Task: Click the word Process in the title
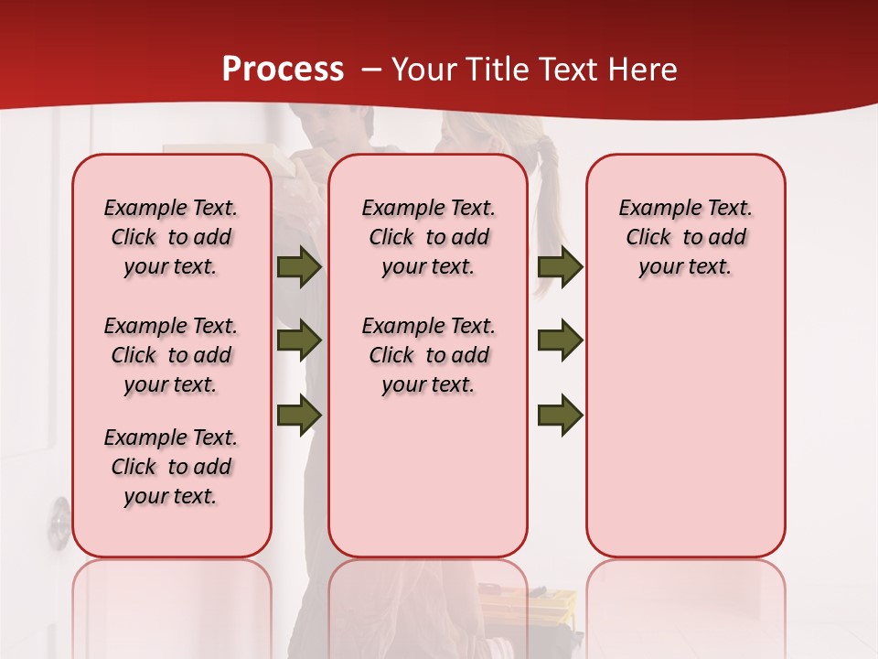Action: pos(283,70)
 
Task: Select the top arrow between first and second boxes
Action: pos(299,267)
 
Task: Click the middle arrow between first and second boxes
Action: pos(299,341)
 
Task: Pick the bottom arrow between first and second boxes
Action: pos(299,416)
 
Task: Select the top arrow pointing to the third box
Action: pos(560,267)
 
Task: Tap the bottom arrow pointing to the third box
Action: pos(560,416)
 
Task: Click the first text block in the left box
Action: pos(171,237)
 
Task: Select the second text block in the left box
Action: pos(171,355)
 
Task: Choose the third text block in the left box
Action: pos(171,467)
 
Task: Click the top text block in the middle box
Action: pos(428,237)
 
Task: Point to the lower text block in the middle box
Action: pos(428,355)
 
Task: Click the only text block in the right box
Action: pos(685,237)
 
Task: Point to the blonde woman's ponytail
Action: pos(547,211)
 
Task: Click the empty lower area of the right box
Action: pos(685,439)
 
